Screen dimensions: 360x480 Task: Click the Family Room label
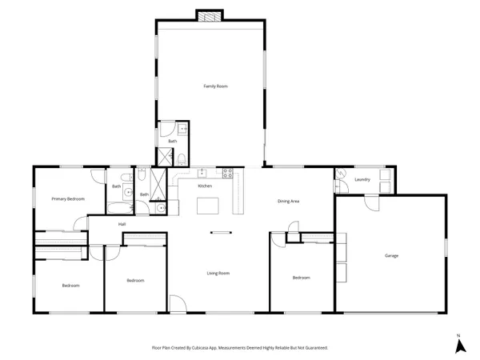pos(211,86)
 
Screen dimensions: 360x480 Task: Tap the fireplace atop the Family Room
pos(211,16)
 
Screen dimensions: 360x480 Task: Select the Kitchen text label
pos(205,186)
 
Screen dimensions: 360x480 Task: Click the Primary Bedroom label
pos(68,198)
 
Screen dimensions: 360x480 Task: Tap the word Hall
pos(122,224)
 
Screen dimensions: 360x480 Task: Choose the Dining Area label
pos(289,201)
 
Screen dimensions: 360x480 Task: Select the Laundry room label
pos(362,179)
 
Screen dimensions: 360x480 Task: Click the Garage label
pos(391,255)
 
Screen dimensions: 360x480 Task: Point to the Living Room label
pos(218,274)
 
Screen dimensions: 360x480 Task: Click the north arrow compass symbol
pos(460,345)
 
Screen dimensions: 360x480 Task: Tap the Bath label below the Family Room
pos(172,141)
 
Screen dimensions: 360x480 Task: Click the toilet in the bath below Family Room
pos(182,156)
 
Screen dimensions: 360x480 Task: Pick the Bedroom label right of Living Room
pos(301,278)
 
